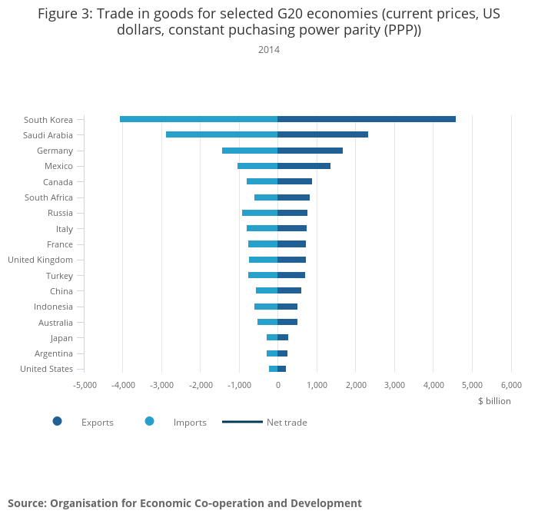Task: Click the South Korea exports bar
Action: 367,119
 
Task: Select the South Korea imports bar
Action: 198,119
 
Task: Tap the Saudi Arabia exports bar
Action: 323,134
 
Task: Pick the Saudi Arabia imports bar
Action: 221,134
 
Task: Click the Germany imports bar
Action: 250,151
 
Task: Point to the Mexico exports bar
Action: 304,166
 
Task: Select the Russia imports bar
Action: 260,213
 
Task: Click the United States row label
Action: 46,369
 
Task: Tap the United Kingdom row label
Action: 40,260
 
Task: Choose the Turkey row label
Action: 60,275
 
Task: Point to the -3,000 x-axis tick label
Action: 161,385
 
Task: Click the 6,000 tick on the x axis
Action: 511,385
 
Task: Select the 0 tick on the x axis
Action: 277,385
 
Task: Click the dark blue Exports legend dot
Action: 57,421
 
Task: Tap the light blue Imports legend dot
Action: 149,421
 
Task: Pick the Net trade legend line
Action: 242,422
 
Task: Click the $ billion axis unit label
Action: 494,401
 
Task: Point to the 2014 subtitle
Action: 269,50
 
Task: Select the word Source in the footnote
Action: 26,503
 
